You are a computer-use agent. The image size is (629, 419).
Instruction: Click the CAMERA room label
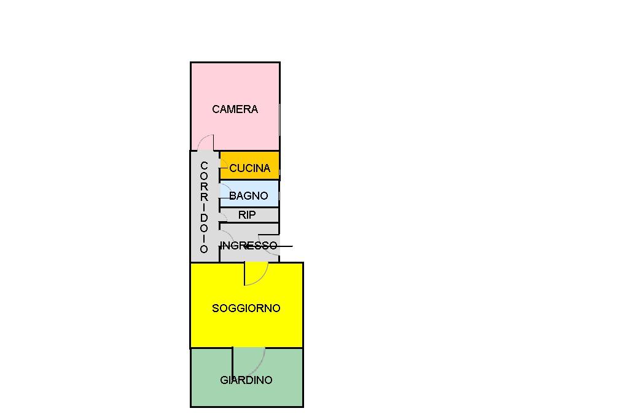click(235, 109)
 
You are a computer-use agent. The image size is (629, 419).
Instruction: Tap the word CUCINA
click(249, 168)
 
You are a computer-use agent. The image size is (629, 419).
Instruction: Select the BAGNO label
click(248, 196)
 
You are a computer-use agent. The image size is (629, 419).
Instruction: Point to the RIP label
click(247, 215)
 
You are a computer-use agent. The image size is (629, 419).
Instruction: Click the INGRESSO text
click(249, 245)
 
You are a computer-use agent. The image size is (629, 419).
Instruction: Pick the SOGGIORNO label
click(246, 308)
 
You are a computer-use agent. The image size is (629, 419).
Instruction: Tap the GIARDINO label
click(246, 380)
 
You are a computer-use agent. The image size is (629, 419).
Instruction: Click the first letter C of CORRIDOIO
click(204, 166)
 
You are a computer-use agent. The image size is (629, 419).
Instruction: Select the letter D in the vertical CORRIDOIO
click(204, 218)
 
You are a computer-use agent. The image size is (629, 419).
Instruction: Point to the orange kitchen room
click(249, 165)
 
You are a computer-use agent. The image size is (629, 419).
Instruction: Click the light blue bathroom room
click(249, 194)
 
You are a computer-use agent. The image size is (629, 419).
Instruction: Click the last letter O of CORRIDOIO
click(204, 249)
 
